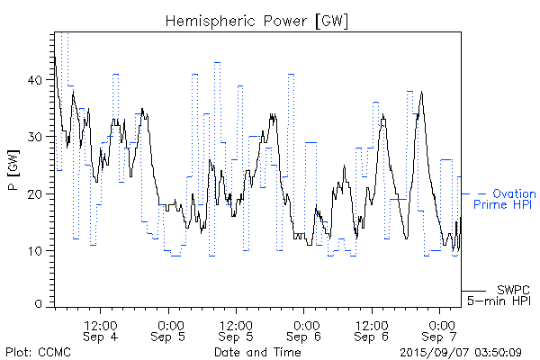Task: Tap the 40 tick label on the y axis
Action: click(35, 80)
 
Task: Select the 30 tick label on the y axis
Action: click(35, 137)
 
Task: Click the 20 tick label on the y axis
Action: click(35, 193)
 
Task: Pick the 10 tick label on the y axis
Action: click(35, 250)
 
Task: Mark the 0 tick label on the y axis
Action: click(39, 306)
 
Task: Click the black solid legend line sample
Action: click(473, 290)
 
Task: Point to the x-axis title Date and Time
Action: click(257, 352)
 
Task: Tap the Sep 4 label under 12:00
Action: click(100, 337)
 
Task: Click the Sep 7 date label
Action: click(441, 337)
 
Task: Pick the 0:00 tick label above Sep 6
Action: click(305, 323)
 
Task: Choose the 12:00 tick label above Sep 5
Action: click(236, 323)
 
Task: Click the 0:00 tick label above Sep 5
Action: click(168, 323)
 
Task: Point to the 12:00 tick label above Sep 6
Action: click(372, 323)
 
